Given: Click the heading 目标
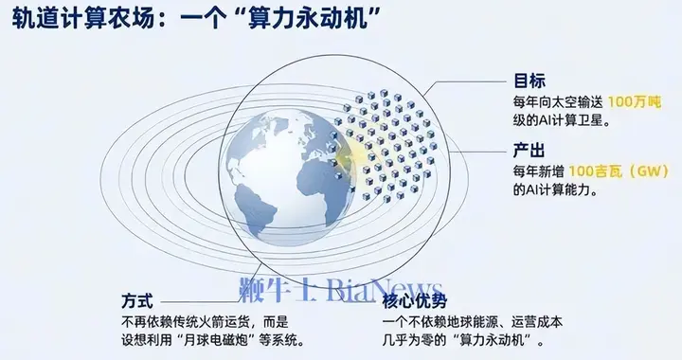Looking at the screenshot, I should pos(529,81).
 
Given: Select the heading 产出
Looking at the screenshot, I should pos(529,150).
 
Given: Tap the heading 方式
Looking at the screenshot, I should pos(138,300).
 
